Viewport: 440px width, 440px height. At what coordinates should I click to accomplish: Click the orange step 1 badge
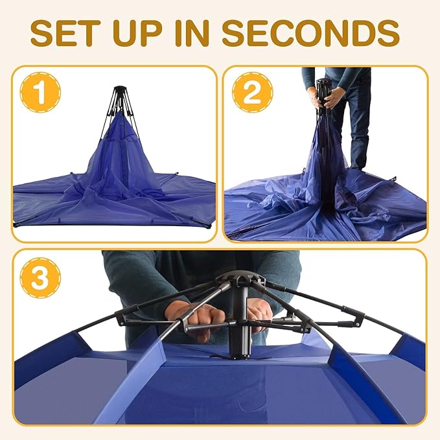pos(40,93)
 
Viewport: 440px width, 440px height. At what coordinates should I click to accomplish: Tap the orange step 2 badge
pos(252,93)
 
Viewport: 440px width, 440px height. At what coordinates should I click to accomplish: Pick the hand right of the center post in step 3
pos(261,314)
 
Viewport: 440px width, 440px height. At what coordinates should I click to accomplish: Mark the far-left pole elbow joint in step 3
pos(120,317)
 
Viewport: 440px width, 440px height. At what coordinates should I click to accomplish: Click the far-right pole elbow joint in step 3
pos(357,318)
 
